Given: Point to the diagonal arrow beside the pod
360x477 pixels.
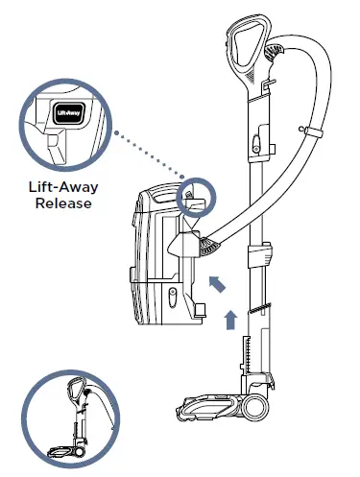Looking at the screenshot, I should pyautogui.click(x=219, y=282).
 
